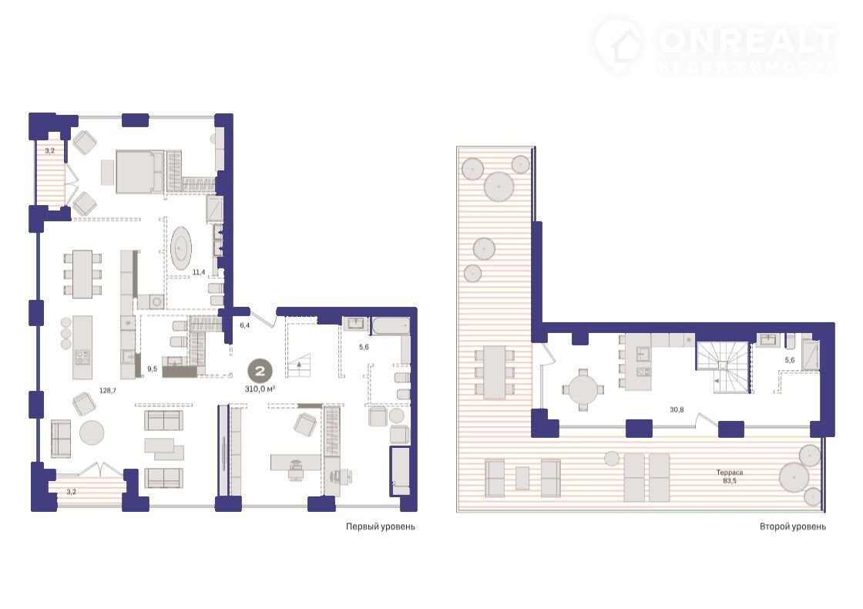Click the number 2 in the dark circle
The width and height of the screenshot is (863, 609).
pos(260,371)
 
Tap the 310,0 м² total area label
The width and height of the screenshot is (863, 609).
pos(260,389)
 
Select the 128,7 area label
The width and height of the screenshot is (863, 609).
pos(107,390)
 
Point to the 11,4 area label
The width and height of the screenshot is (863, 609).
pos(199,272)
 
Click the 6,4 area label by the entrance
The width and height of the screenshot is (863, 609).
pos(244,325)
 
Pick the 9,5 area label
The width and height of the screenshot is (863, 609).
pos(153,369)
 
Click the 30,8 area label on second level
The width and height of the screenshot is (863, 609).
pos(677,409)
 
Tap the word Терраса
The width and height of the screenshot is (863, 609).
pos(729,473)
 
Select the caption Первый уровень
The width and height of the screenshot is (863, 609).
pos(381,527)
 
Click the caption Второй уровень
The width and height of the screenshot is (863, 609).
pos(793,527)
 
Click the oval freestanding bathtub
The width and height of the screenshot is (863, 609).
pos(181,248)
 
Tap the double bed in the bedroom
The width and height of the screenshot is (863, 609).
pos(139,172)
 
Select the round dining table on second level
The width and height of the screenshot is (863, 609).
pos(583,390)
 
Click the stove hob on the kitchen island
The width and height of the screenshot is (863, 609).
pos(82,358)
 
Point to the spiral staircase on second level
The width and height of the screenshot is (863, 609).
pos(724,367)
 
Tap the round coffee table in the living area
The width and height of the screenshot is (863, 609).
pos(92,432)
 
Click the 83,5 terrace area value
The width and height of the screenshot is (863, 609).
pos(730,481)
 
